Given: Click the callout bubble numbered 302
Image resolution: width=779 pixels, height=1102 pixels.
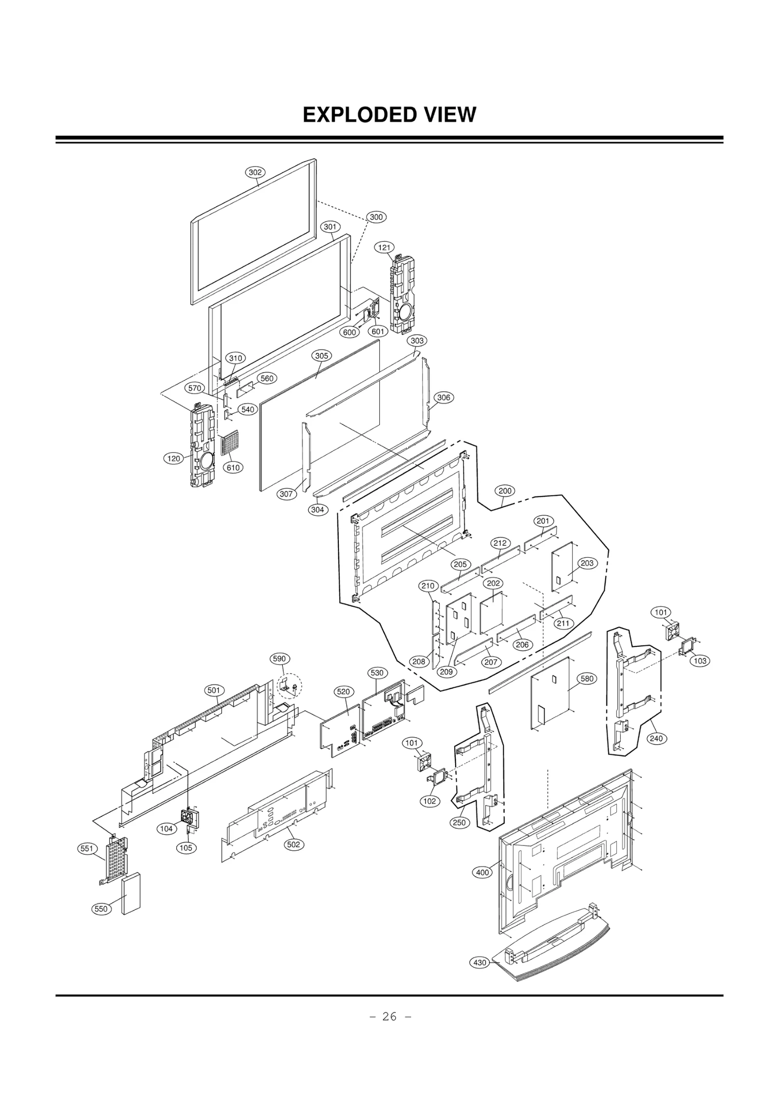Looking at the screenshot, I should [255, 172].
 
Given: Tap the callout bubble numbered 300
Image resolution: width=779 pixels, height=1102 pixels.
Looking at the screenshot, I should [376, 217].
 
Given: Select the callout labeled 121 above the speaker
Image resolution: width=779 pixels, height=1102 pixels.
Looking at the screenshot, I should [384, 247].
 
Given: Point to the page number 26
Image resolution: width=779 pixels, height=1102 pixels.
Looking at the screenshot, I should [389, 1015].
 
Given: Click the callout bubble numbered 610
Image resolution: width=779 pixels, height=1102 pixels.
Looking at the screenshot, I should [233, 467].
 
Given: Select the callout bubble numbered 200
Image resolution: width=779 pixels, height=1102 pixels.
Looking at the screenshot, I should [505, 491].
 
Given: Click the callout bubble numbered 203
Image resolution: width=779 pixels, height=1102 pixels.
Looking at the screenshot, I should [587, 563].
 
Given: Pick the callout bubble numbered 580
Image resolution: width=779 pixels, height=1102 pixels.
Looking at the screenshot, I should [587, 679].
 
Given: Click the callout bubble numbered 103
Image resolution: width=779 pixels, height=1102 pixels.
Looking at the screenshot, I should [700, 661].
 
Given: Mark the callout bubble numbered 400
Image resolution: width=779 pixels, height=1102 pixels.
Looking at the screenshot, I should [482, 872].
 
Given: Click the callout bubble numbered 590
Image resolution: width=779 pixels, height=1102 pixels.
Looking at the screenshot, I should [279, 659].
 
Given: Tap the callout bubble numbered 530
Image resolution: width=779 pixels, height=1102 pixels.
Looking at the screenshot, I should [377, 673].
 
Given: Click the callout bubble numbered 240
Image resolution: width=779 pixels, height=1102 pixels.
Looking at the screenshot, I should [656, 738].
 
